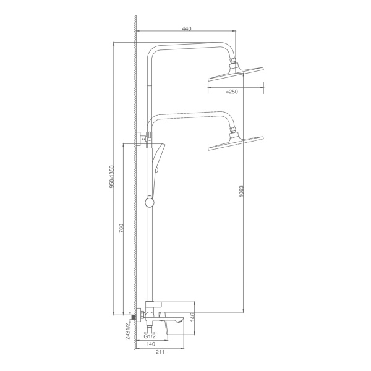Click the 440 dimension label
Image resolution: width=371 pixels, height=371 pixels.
[187, 28]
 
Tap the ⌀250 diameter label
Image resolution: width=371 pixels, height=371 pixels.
[232, 92]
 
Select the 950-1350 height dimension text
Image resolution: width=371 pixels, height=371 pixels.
[112, 177]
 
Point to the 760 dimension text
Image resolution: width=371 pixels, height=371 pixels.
[121, 228]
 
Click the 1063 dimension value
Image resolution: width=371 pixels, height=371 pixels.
[241, 192]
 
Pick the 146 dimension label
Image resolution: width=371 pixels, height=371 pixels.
[192, 317]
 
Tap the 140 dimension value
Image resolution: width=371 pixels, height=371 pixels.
[151, 344]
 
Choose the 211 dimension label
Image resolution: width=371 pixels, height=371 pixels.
[160, 352]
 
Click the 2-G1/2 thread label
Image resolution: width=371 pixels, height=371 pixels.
[128, 331]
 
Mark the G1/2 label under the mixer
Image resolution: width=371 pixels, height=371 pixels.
[150, 336]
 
